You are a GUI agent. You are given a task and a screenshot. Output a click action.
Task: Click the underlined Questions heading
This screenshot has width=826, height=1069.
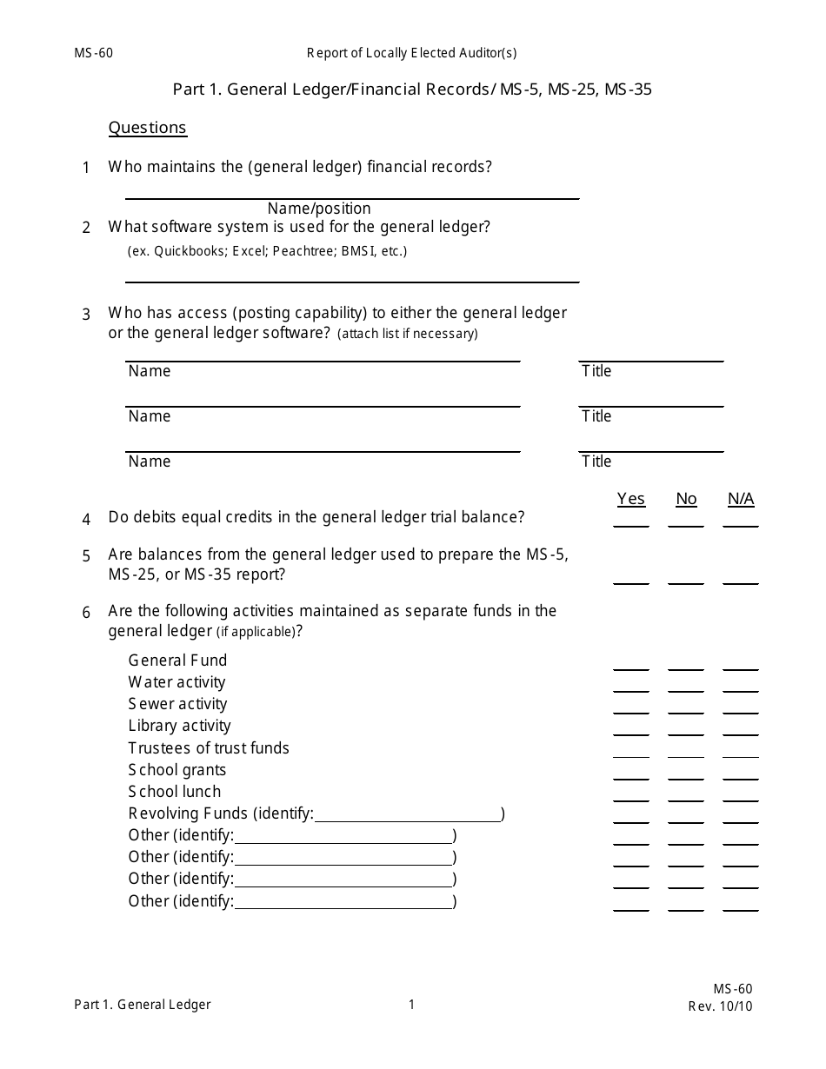[147, 128]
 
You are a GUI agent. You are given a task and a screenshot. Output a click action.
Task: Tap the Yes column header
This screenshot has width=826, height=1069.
[631, 499]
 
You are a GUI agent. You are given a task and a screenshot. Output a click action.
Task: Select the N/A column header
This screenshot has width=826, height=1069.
[741, 499]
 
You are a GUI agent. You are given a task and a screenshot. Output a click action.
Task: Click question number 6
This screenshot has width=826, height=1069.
[86, 613]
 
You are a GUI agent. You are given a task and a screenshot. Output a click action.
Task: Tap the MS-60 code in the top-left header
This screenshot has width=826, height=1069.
[93, 53]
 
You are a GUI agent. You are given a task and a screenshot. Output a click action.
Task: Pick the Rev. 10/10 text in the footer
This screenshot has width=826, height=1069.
[720, 1007]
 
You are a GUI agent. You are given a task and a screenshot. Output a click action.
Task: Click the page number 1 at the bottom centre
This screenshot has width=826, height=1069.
[412, 1005]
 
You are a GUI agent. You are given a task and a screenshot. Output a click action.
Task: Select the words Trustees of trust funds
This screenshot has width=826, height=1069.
[209, 748]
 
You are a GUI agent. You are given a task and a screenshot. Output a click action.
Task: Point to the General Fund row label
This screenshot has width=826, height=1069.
[177, 661]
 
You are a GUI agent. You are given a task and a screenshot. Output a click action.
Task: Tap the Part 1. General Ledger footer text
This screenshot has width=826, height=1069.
[143, 1005]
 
